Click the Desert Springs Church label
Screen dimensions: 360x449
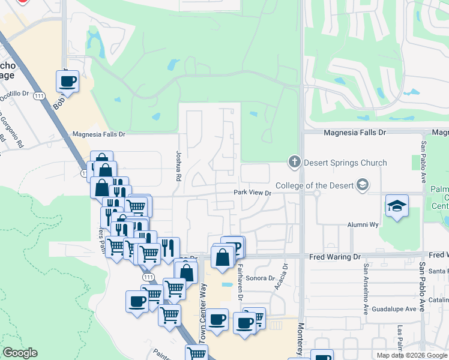[345, 163]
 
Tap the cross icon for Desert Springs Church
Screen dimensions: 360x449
[294, 161]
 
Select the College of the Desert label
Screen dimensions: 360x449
[315, 185]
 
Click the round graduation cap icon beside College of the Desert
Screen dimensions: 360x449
[362, 185]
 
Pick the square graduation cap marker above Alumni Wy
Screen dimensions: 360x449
[397, 206]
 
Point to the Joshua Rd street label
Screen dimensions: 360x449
[178, 166]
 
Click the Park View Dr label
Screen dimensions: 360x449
[253, 193]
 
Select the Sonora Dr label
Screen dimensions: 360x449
[259, 278]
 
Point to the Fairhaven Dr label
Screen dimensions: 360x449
[240, 281]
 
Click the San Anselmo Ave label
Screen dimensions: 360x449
[364, 288]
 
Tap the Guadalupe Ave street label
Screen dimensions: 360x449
[394, 309]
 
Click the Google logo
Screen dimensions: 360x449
[20, 353]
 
